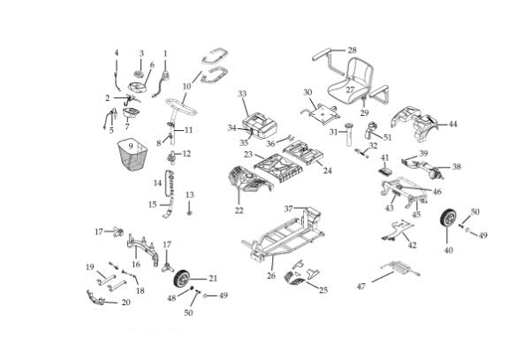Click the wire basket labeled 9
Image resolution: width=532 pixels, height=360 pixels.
pyautogui.click(x=134, y=161)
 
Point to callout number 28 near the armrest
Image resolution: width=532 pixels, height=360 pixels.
pyautogui.click(x=352, y=50)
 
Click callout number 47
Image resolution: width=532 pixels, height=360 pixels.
pyautogui.click(x=361, y=287)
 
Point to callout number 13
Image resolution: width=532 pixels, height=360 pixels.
pyautogui.click(x=188, y=195)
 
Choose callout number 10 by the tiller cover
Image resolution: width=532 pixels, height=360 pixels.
pyautogui.click(x=186, y=86)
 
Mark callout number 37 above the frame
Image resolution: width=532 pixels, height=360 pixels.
pyautogui.click(x=288, y=208)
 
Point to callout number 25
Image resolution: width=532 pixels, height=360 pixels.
pyautogui.click(x=323, y=289)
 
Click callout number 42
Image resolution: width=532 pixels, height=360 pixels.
pyautogui.click(x=412, y=245)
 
